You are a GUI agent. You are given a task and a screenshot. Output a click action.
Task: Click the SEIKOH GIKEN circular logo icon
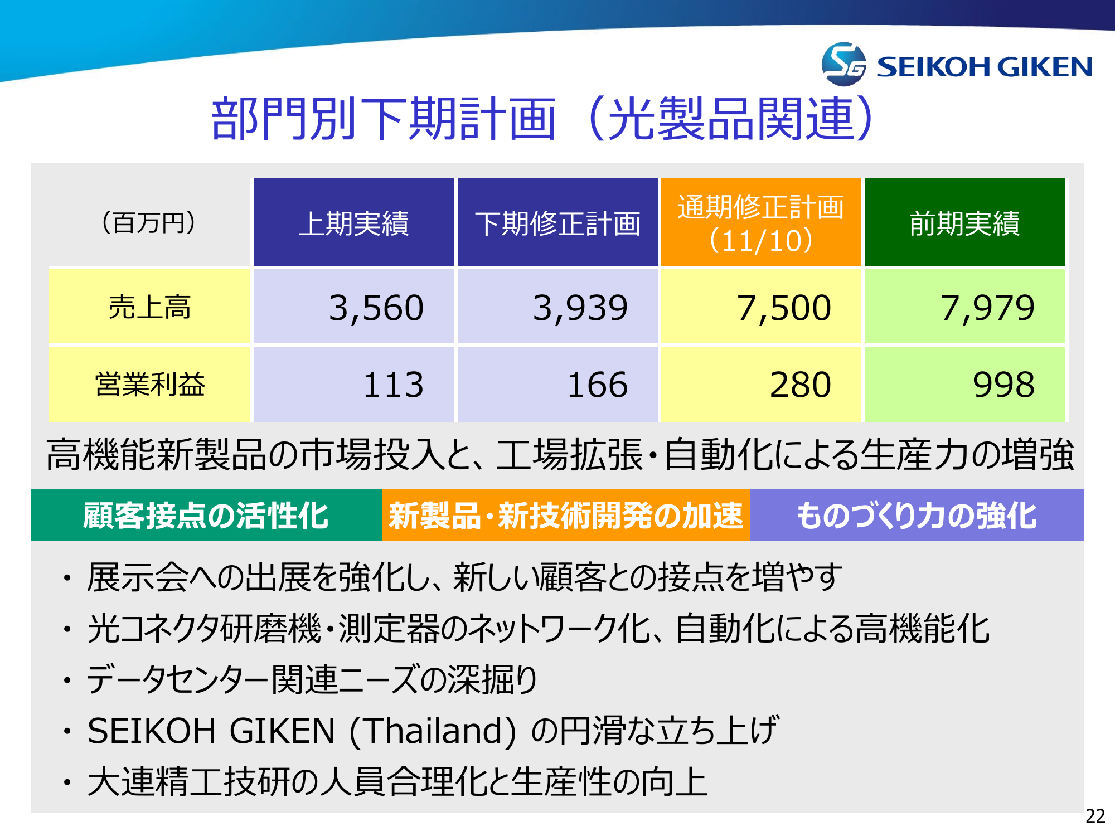(x=843, y=64)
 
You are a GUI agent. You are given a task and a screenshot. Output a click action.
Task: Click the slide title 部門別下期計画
(x=384, y=119)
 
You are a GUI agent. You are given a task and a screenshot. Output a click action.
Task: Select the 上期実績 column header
(x=353, y=222)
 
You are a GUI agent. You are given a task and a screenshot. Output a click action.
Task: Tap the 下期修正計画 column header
(x=557, y=222)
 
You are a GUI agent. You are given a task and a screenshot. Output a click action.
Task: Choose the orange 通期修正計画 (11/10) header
(x=761, y=222)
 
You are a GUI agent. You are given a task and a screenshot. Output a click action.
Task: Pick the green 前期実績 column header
(x=965, y=222)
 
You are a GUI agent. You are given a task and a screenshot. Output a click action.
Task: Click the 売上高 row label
(x=149, y=307)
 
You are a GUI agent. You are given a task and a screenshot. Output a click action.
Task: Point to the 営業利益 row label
(x=149, y=385)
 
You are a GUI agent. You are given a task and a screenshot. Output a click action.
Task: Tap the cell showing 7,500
(x=761, y=307)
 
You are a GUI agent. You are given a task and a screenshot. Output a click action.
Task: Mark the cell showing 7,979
(x=965, y=307)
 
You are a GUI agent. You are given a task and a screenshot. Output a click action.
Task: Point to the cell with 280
(x=761, y=385)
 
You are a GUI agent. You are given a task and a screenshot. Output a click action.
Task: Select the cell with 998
(x=965, y=385)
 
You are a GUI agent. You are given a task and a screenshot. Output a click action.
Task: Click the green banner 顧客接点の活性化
(x=206, y=515)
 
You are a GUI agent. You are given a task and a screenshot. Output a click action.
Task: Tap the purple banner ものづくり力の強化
(x=917, y=515)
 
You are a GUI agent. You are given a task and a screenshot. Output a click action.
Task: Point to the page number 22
(x=1095, y=816)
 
